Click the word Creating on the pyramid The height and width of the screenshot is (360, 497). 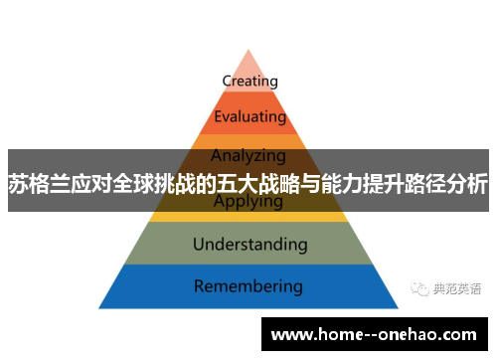[249, 81]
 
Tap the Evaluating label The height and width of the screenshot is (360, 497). [249, 116]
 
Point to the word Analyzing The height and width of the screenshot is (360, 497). [248, 155]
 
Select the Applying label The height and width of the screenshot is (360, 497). [248, 202]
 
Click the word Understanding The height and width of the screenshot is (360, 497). [249, 244]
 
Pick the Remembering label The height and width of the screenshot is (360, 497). [248, 286]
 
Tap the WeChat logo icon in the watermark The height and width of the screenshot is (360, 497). [417, 289]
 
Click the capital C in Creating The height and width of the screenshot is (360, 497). [227, 81]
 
